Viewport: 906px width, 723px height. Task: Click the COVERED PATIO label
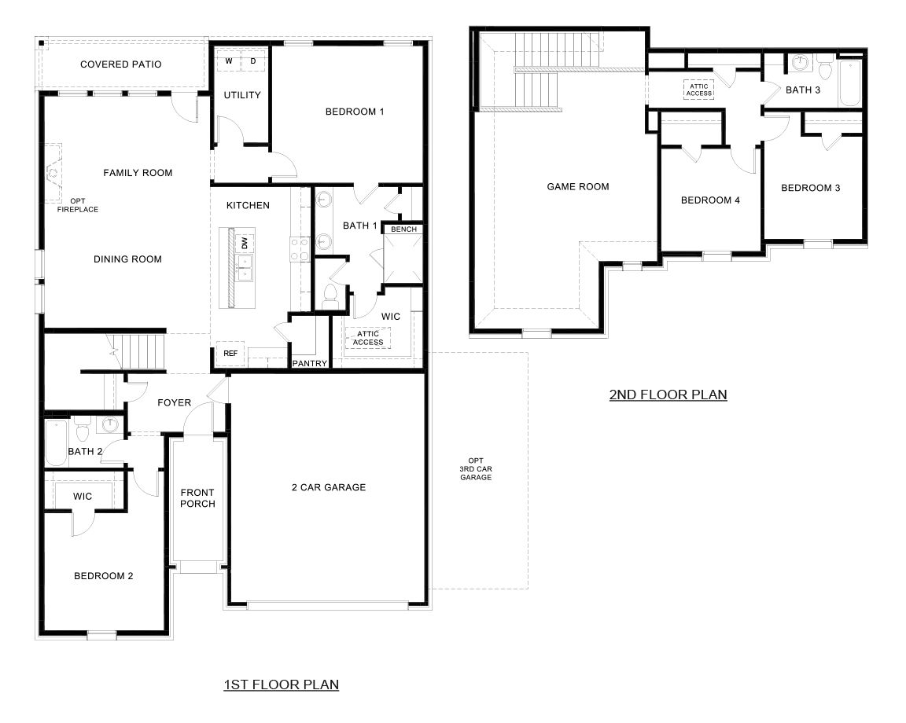pos(120,64)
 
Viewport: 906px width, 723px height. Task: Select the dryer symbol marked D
pos(252,61)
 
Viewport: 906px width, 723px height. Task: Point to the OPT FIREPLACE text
pos(78,205)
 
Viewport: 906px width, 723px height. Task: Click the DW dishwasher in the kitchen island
pos(245,243)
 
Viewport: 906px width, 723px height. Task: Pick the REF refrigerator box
pos(230,354)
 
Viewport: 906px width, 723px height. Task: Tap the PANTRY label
pos(310,363)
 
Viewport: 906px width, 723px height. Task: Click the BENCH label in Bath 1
pos(403,229)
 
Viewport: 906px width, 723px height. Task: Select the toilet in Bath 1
pos(331,296)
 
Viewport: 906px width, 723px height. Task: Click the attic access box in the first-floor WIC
pos(368,338)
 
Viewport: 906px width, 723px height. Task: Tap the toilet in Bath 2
pos(83,429)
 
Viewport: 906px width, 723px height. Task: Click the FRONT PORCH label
pos(197,497)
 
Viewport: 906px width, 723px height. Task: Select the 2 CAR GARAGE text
pos(329,487)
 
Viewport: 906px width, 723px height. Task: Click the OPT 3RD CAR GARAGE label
pos(476,469)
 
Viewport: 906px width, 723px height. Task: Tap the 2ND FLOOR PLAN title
pos(668,395)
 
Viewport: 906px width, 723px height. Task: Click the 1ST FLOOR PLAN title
pos(281,684)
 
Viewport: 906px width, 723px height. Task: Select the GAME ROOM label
pos(578,186)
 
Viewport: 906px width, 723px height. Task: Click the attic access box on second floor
pos(698,90)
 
